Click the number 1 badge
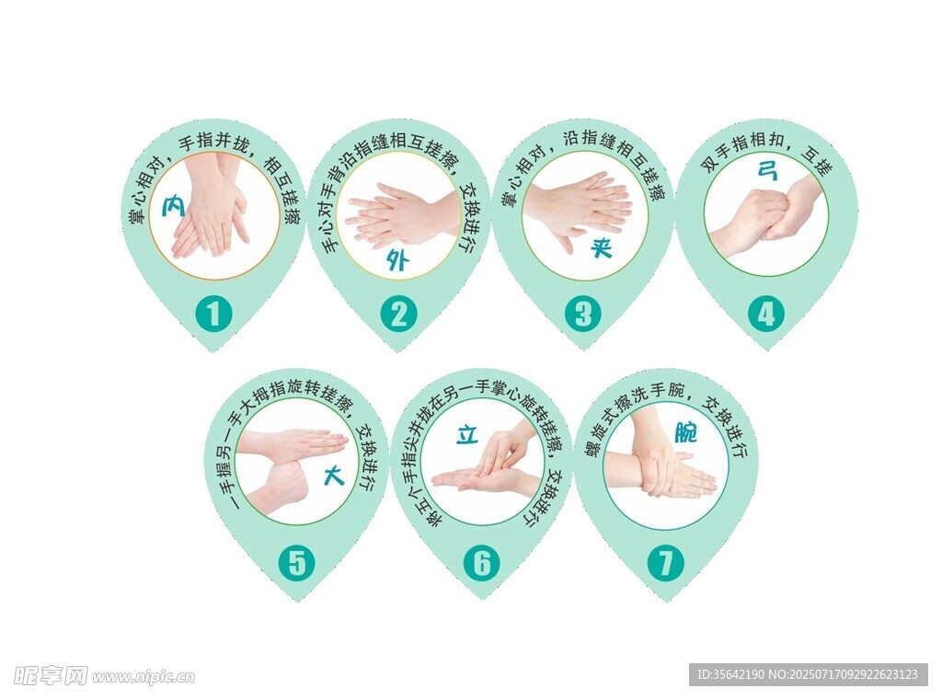pos(213,314)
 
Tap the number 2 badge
pos(399,314)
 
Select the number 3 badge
pos(582,314)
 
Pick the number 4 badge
pos(766,314)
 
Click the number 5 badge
pos(297,563)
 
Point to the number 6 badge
pos(482,563)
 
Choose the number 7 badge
pos(666,563)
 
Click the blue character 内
pos(174,206)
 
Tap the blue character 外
pos(397,259)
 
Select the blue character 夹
pos(600,247)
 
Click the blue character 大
pos(334,475)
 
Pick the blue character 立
pos(467,434)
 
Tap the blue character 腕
pos(685,431)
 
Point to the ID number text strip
pos(808,674)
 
